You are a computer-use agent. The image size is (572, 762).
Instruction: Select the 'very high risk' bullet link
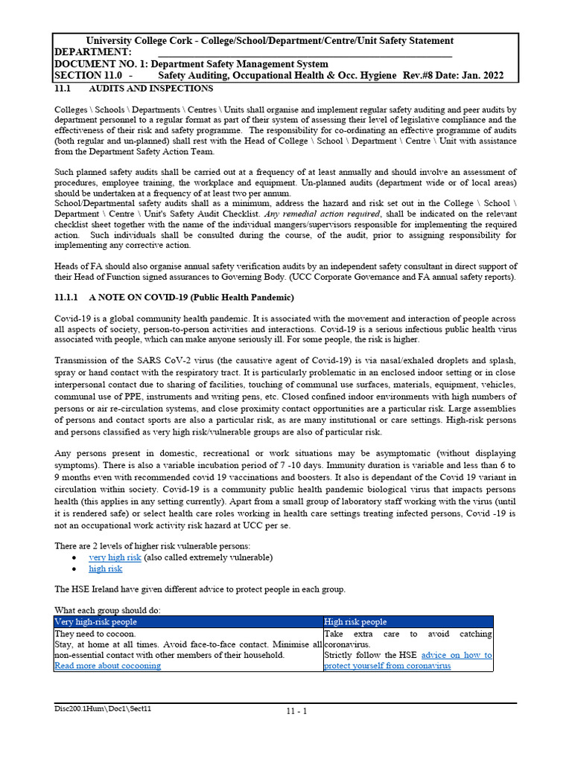115,557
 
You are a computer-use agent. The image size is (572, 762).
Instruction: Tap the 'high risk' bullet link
105,569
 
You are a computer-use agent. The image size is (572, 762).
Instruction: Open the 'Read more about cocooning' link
107,665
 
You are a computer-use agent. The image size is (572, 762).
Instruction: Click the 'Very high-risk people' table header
96,621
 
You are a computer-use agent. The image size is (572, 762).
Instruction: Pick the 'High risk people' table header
355,621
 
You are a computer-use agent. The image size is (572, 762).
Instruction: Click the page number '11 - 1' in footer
296,711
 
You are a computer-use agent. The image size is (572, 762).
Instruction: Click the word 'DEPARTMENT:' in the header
92,52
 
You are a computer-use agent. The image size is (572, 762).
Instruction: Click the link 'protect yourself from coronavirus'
387,665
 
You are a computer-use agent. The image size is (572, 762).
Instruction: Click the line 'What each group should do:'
107,610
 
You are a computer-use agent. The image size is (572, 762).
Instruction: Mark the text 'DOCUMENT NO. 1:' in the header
102,64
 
